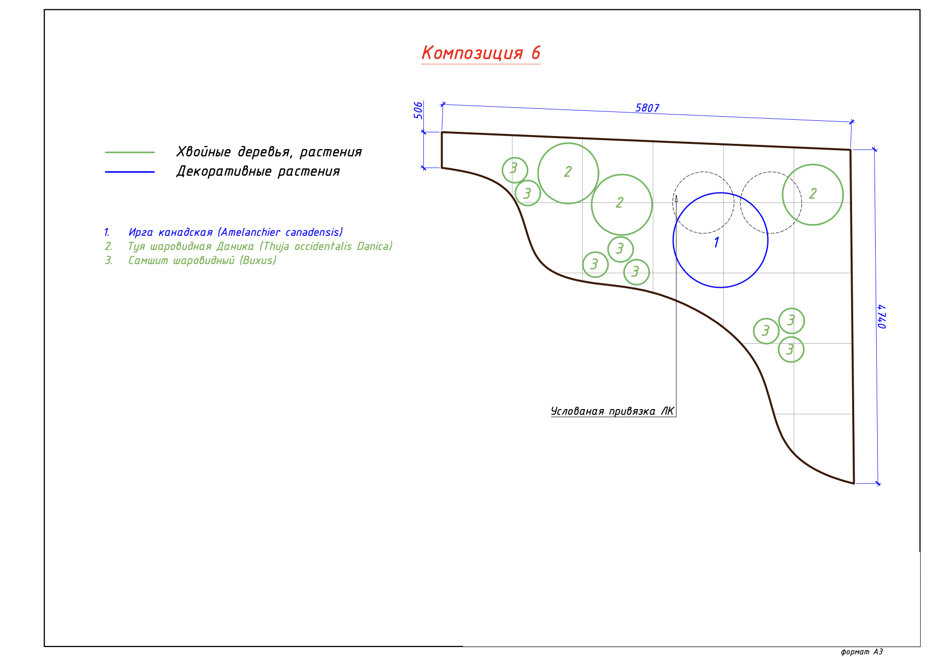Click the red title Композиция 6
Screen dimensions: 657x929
tap(480, 53)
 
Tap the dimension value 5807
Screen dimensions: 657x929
tap(647, 108)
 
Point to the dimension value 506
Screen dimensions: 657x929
tap(418, 110)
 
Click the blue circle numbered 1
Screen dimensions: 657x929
tap(720, 240)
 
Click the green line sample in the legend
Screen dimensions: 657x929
tap(130, 152)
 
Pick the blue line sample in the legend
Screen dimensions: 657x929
tap(130, 172)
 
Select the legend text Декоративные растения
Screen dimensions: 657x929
tap(258, 172)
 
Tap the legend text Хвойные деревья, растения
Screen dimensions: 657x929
tap(269, 152)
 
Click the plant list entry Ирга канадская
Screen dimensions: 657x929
tap(171, 232)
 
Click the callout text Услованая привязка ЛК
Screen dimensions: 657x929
tap(612, 411)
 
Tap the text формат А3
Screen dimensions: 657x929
tap(862, 652)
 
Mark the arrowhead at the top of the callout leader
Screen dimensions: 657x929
tap(676, 199)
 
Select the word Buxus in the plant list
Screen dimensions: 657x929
tap(258, 260)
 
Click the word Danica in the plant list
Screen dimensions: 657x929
tap(373, 246)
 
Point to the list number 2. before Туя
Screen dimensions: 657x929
tap(108, 246)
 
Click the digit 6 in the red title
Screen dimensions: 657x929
tap(536, 53)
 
